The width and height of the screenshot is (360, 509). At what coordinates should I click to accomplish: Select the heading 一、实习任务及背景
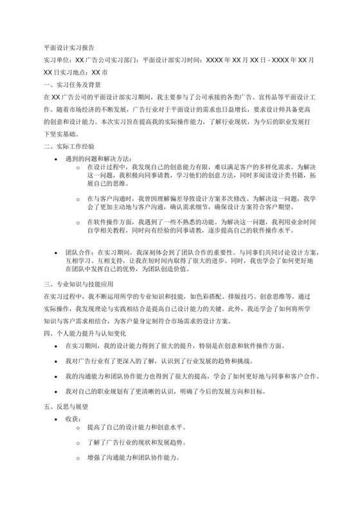71,85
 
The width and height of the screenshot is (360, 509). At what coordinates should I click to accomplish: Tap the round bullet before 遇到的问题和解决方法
59,158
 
